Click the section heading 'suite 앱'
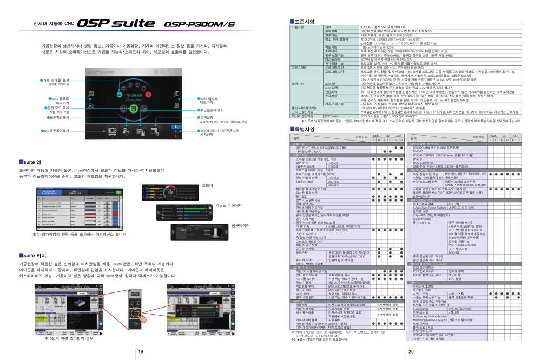pos(31,162)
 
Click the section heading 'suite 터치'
pos(33,255)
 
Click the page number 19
pos(140,352)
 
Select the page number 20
pos(410,352)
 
